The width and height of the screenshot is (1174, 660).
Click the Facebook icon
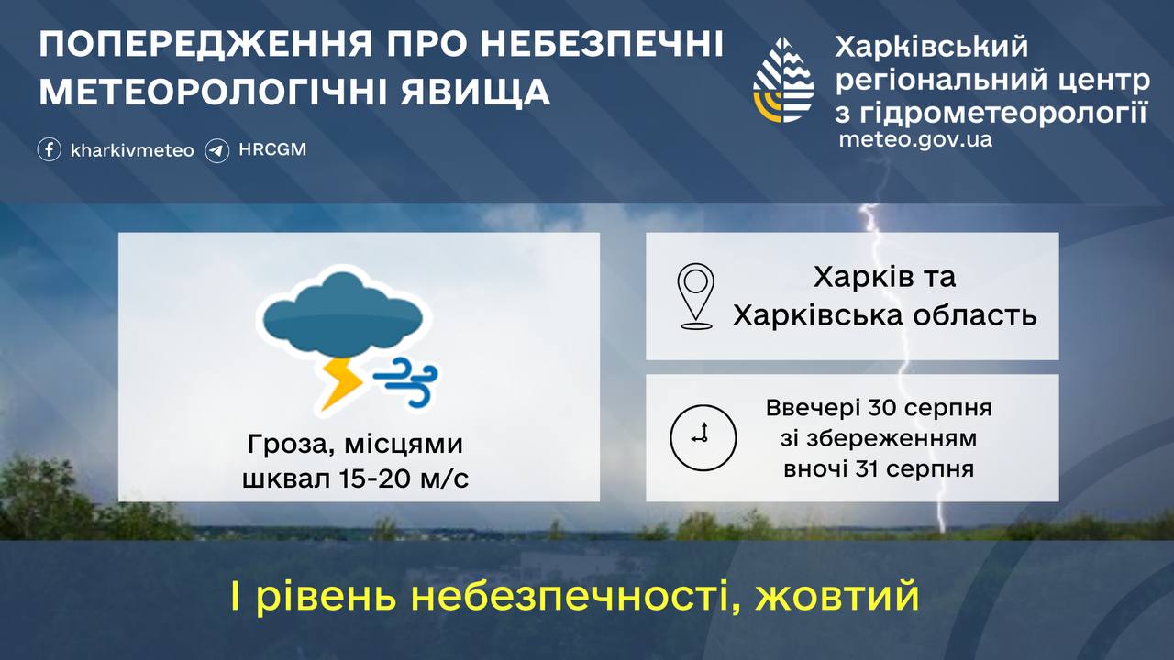tap(50, 149)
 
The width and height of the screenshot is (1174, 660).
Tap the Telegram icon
tap(217, 151)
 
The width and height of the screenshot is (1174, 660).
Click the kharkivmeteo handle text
tap(132, 150)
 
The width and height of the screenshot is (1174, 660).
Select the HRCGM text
tap(272, 149)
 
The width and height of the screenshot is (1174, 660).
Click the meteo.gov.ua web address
tap(915, 139)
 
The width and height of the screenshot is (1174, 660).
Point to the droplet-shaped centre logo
tap(783, 80)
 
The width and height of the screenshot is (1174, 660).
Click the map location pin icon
tap(696, 296)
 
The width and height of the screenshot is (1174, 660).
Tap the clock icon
tap(703, 438)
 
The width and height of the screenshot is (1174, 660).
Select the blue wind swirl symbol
tap(405, 382)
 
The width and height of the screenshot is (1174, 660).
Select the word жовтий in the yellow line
tap(837, 596)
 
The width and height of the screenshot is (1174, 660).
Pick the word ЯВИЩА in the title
tap(475, 92)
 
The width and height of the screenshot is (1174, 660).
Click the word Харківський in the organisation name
tap(931, 48)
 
